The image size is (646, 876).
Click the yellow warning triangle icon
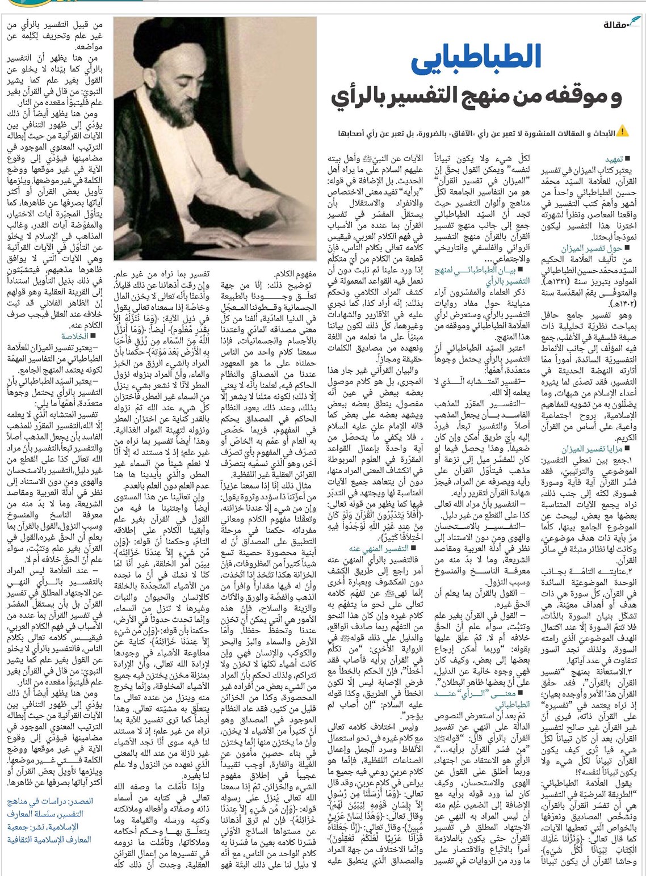point(623,132)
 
